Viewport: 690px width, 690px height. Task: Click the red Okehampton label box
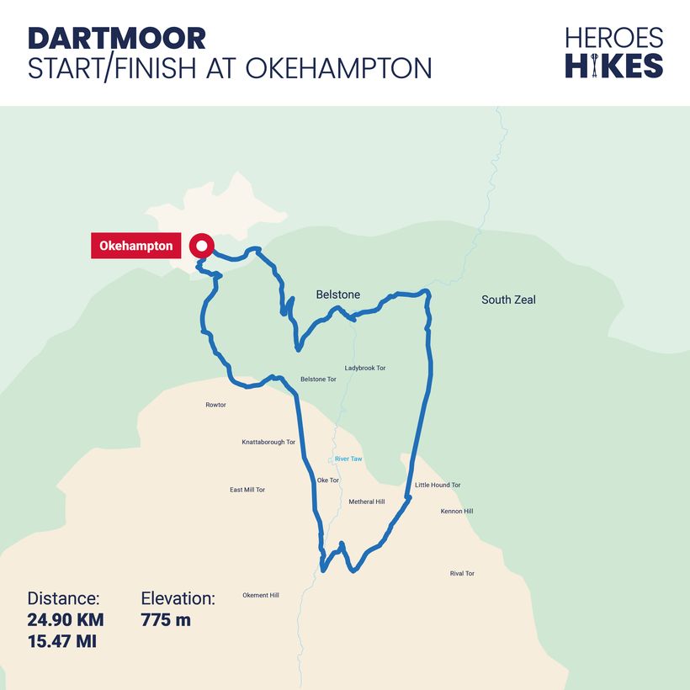point(136,246)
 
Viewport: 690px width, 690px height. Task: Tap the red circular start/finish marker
point(200,247)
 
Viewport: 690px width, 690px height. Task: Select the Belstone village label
point(337,295)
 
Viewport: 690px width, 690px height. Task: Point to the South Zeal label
point(508,300)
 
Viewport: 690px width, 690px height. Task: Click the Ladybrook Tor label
point(365,368)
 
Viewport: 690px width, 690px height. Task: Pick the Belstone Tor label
point(318,379)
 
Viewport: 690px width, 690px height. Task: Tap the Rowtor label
point(215,405)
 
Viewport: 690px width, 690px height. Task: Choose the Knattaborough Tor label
point(268,442)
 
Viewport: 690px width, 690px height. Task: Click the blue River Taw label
point(348,459)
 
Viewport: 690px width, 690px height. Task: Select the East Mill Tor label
point(247,490)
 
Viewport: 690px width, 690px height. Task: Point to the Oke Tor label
point(327,480)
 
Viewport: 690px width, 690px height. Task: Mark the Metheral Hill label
point(367,502)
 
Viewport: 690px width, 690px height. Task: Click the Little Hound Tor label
point(438,486)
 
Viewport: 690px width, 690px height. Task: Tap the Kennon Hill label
point(457,511)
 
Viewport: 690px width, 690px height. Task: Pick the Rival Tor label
point(462,573)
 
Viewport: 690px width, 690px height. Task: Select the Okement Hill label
point(261,595)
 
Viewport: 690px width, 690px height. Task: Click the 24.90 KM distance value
point(66,620)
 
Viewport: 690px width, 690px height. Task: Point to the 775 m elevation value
point(166,620)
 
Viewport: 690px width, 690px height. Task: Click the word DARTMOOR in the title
point(117,38)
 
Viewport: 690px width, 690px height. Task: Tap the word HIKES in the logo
point(614,65)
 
